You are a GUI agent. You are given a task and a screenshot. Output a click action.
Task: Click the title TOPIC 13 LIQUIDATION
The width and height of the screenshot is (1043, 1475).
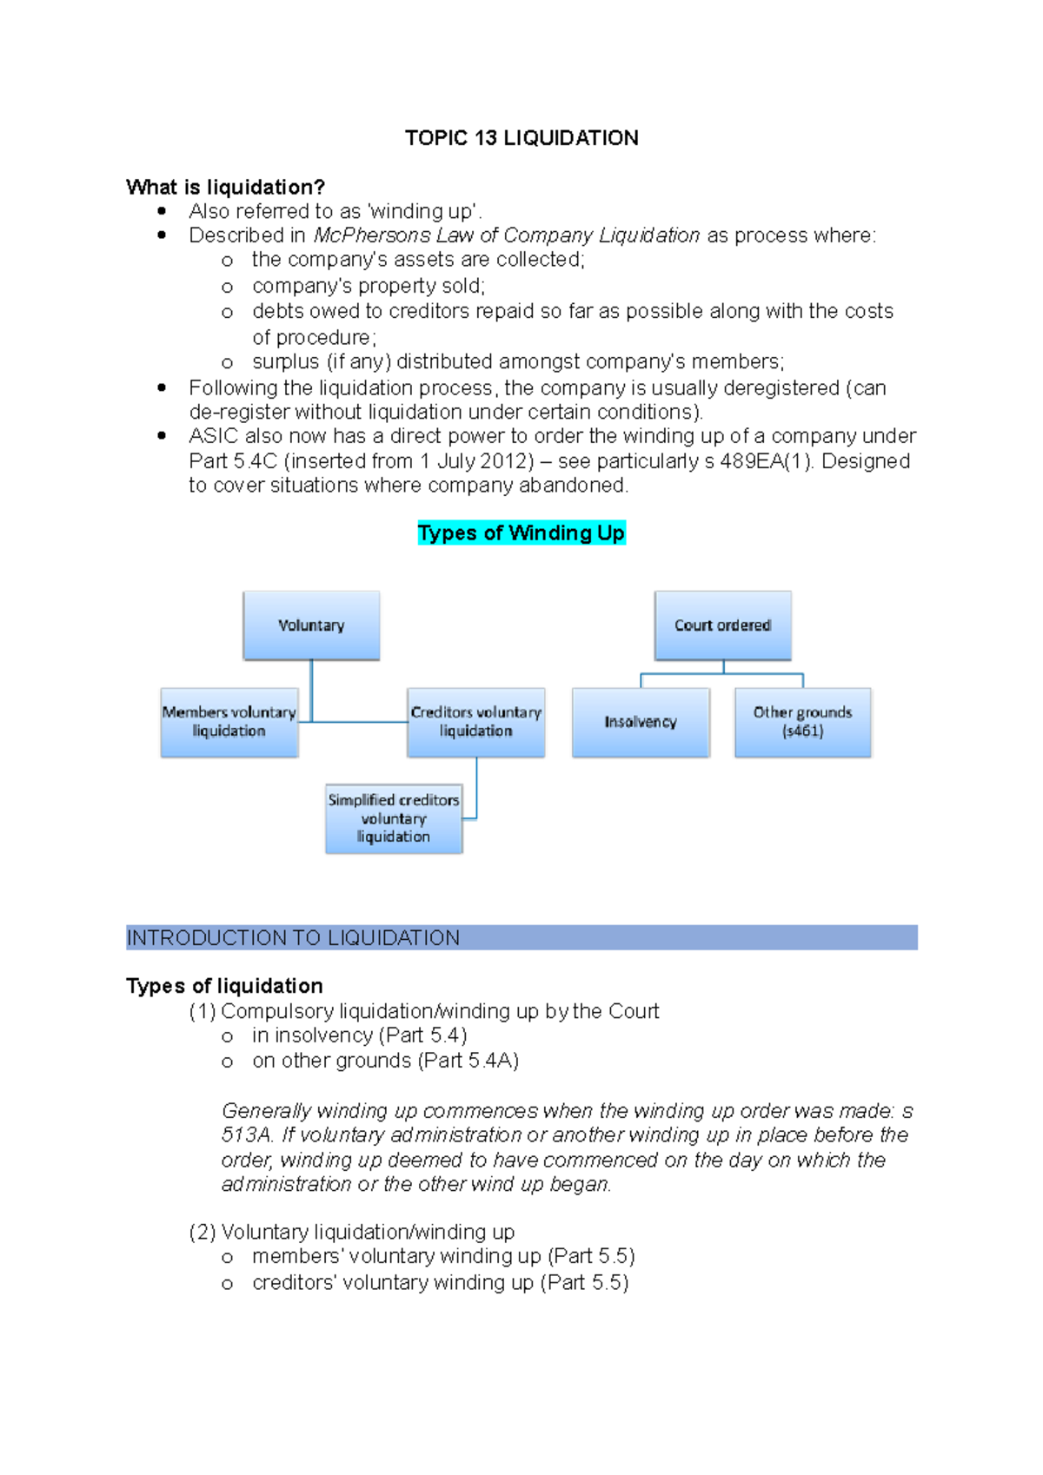coord(521,138)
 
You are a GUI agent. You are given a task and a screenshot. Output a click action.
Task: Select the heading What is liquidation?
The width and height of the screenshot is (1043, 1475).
coord(225,188)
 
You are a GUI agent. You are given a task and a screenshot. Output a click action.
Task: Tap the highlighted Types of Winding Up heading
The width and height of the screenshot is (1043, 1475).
coord(521,532)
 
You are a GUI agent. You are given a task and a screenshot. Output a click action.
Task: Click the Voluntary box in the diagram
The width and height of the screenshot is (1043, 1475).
coord(311,625)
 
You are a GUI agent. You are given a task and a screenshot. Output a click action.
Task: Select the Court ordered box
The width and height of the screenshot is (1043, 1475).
coord(722,625)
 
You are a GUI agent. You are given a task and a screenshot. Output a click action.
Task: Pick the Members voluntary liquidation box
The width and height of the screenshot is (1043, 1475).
coord(229,722)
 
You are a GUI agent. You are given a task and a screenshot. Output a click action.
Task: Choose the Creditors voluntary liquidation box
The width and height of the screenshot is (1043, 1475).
coord(475,722)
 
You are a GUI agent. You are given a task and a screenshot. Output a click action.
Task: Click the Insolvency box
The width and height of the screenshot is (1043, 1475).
coord(641,722)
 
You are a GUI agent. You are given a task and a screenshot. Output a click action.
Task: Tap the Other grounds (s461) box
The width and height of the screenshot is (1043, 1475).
coord(802,722)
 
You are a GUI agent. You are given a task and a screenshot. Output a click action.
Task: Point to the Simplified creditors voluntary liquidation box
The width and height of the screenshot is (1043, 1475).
coord(394,818)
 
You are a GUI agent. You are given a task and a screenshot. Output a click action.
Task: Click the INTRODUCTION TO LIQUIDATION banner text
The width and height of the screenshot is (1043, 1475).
coord(293,938)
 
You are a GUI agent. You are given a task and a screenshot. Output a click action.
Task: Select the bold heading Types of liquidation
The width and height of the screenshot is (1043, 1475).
coord(224,986)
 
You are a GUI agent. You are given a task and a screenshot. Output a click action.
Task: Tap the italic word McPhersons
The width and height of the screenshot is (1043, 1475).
coord(372,235)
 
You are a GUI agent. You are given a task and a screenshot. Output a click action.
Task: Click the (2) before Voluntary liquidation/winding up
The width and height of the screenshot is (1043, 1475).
coord(202,1233)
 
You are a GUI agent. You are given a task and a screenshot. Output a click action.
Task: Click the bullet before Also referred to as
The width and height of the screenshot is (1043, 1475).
coord(162,211)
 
